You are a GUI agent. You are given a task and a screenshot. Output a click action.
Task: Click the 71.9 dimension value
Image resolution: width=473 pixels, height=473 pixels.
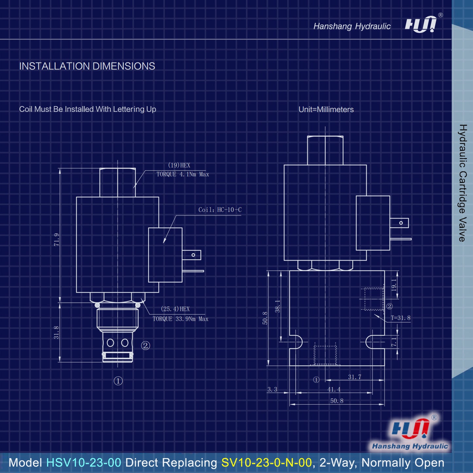(57, 240)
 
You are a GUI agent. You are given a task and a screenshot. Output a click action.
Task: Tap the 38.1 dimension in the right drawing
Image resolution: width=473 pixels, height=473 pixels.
(277, 306)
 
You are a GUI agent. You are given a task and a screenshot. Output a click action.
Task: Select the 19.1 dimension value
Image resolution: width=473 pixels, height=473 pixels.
(394, 285)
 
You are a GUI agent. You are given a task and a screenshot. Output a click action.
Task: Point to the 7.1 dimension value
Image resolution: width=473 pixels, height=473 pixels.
(393, 342)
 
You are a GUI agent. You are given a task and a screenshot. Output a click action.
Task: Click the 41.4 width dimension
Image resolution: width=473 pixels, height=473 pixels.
(334, 389)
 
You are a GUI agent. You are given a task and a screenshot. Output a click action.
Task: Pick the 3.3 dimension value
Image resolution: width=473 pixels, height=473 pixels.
(272, 389)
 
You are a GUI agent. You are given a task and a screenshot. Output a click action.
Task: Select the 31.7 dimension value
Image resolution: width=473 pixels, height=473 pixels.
(355, 377)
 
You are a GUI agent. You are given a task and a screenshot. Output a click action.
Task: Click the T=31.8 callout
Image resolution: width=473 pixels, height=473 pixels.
(400, 318)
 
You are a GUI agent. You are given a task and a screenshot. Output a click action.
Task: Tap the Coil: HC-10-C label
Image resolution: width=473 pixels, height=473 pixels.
(220, 209)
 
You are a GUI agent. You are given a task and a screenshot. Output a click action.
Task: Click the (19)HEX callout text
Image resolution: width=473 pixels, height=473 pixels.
(179, 165)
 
